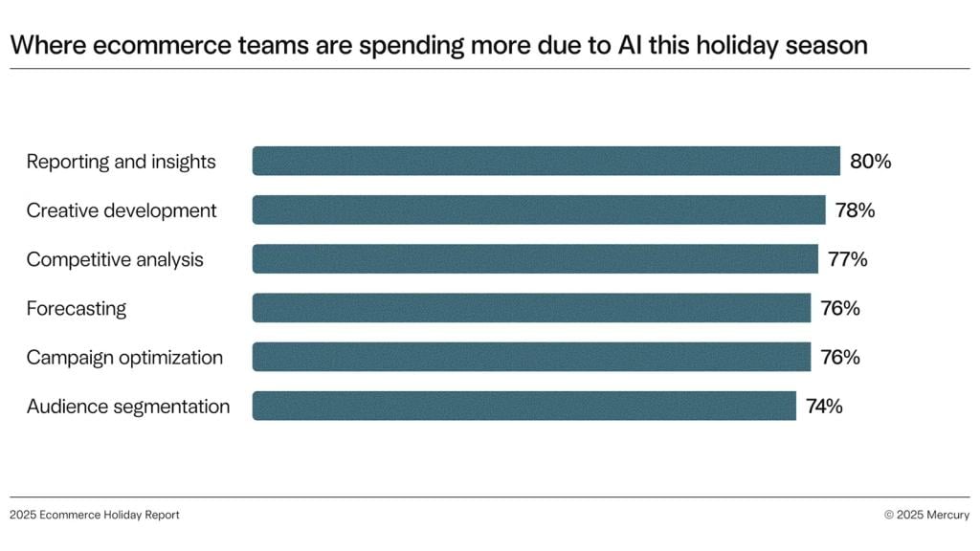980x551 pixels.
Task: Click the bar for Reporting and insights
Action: (x=546, y=161)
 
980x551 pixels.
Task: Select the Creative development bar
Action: (x=539, y=209)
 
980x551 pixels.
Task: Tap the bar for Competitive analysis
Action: (x=535, y=259)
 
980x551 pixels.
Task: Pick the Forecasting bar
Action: (x=531, y=308)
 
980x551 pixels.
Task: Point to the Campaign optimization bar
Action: (x=531, y=357)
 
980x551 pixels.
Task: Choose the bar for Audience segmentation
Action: (x=523, y=406)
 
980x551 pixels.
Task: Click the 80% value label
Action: (x=870, y=162)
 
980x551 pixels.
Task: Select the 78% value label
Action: (x=855, y=210)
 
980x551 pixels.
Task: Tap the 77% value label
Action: (x=848, y=259)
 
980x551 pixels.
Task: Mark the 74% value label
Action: (x=824, y=406)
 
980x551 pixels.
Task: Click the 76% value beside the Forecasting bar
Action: (x=840, y=308)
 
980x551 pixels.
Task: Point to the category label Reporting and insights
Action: (x=122, y=162)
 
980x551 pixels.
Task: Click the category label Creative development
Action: (x=122, y=210)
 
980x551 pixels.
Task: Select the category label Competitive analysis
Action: (x=115, y=259)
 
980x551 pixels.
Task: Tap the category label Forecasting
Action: (x=77, y=308)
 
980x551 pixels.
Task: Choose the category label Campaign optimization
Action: (x=124, y=357)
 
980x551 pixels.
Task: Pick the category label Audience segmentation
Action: (x=128, y=407)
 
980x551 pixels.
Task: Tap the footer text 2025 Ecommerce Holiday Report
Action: (x=95, y=515)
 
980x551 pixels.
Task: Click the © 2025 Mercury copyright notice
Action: (x=926, y=515)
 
